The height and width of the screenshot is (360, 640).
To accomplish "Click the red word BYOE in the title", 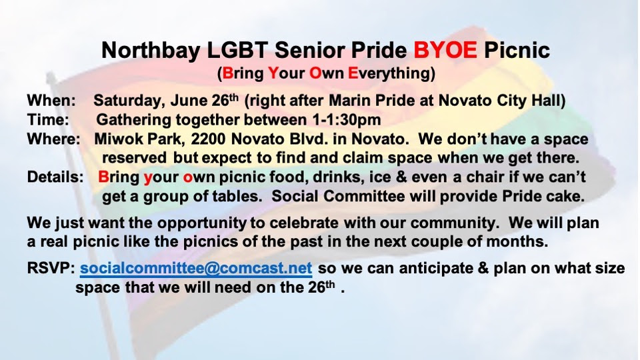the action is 445,50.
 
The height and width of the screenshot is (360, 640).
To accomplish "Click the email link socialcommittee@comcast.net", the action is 196,268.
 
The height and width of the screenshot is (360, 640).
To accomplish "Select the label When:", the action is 51,101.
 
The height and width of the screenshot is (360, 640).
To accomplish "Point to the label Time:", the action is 48,119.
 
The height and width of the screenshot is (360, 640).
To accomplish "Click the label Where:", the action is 53,139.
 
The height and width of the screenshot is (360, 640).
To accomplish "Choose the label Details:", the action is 55,177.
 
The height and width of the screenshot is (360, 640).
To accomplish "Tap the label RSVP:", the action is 51,268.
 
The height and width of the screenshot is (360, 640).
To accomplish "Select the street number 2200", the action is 208,139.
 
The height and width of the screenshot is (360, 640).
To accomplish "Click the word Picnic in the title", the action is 517,50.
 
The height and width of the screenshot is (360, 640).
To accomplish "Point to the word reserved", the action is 134,158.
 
